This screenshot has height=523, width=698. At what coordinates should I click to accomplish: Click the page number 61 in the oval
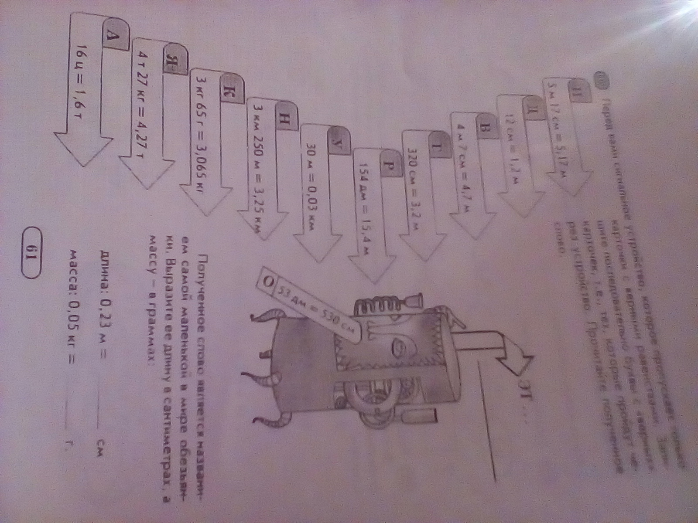(x=33, y=253)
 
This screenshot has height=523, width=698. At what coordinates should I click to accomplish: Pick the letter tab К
(x=230, y=92)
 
